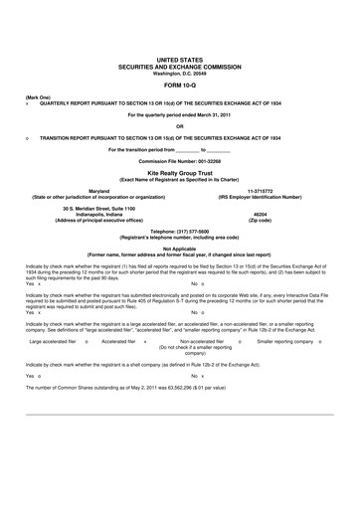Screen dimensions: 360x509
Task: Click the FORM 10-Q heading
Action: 180,85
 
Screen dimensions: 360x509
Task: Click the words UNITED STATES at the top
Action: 180,60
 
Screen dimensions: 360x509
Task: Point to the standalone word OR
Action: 180,125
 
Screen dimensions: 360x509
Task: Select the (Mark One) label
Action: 38,96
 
